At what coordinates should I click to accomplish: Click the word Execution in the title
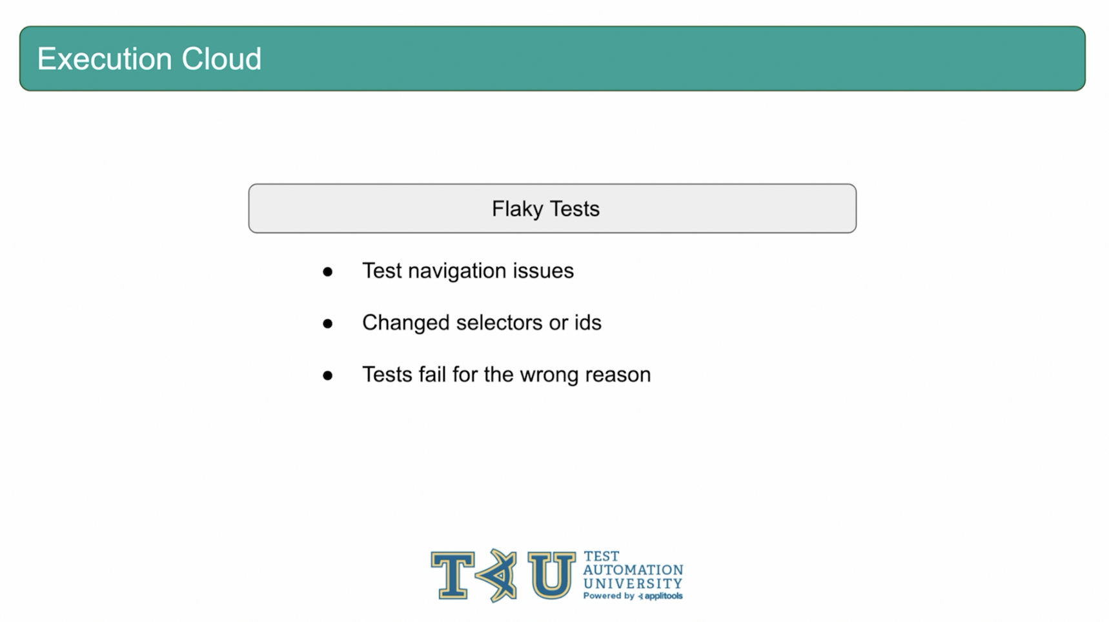tap(105, 59)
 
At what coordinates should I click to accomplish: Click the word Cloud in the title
tap(221, 59)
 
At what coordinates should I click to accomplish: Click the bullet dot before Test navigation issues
tap(328, 272)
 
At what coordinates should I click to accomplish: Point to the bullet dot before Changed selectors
tap(328, 323)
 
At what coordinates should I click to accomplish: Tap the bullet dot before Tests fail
tap(328, 376)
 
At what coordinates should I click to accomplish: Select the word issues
tap(544, 271)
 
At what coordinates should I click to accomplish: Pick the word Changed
tap(406, 323)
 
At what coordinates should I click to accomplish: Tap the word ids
tap(588, 323)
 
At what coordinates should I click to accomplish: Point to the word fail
tap(432, 374)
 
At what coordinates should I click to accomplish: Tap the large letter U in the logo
tap(551, 575)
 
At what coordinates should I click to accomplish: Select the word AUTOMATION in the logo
tap(633, 570)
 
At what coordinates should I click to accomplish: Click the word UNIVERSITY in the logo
tap(633, 584)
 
